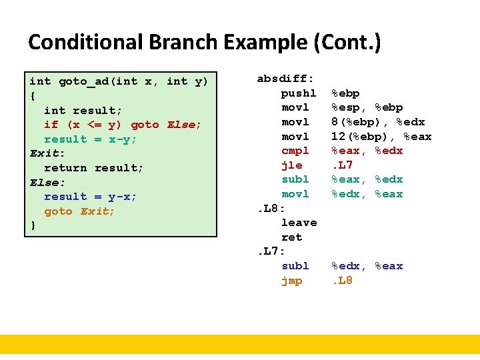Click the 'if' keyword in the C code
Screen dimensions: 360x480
(x=51, y=125)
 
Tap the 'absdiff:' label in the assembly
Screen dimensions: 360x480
(x=286, y=79)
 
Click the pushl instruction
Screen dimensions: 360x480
(x=299, y=93)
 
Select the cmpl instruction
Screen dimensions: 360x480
(x=295, y=151)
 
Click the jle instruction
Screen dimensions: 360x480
(x=292, y=165)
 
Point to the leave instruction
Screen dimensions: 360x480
(x=299, y=223)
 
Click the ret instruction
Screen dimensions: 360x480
(x=292, y=237)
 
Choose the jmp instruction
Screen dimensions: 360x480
(x=292, y=281)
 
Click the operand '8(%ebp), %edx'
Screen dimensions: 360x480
(x=378, y=122)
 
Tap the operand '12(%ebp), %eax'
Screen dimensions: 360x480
(x=381, y=137)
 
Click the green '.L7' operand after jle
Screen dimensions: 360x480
(x=342, y=165)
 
